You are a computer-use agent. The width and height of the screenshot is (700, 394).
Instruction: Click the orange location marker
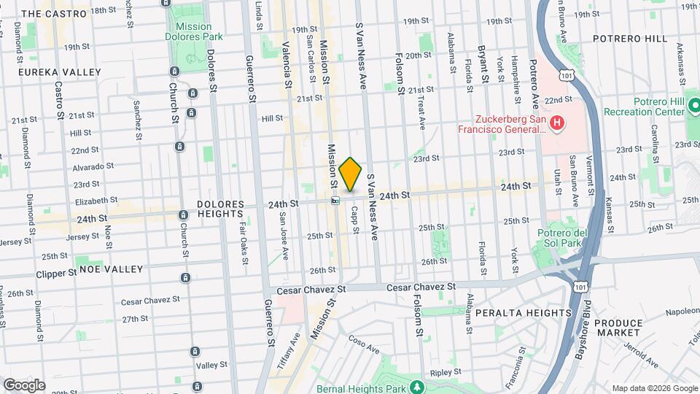click(351, 174)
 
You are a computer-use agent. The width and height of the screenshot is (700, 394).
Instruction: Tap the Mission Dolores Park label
click(194, 31)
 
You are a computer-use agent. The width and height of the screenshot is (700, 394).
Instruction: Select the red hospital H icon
click(558, 123)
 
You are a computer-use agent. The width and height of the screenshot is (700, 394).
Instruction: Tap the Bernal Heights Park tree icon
click(416, 386)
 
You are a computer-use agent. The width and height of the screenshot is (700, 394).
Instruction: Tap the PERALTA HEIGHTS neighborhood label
click(523, 313)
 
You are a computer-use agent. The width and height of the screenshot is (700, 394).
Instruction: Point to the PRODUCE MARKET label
click(618, 328)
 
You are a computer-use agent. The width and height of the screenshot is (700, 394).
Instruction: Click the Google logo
click(24, 385)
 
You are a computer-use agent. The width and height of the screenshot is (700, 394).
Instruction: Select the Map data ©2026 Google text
click(654, 388)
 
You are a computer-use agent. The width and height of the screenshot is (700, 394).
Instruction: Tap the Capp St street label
click(355, 219)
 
